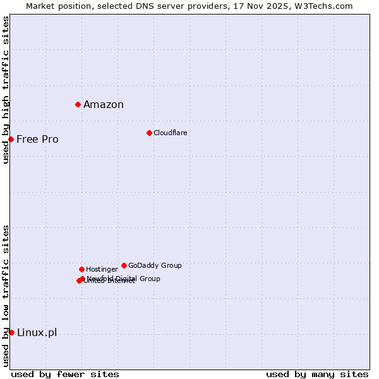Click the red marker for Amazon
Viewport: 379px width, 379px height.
tap(78, 104)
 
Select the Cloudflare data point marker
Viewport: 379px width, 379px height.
tap(149, 133)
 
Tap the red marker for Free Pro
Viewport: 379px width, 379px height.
tap(11, 139)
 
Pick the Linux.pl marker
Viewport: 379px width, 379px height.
tap(11, 332)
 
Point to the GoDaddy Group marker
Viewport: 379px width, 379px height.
tap(124, 265)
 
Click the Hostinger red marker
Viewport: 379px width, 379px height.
tap(81, 269)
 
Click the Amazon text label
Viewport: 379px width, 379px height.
tap(104, 105)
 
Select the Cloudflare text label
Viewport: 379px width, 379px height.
tap(170, 133)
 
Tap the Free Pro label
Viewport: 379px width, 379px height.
tap(37, 140)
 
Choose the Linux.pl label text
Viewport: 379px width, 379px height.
tap(37, 333)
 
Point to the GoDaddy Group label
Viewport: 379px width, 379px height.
tap(155, 265)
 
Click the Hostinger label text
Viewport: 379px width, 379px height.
tap(102, 269)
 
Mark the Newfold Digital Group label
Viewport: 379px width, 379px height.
tap(124, 278)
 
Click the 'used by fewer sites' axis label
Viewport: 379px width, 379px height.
tap(65, 374)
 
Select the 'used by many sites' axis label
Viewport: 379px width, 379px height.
tap(317, 374)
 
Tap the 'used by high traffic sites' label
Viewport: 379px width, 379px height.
tap(6, 90)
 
